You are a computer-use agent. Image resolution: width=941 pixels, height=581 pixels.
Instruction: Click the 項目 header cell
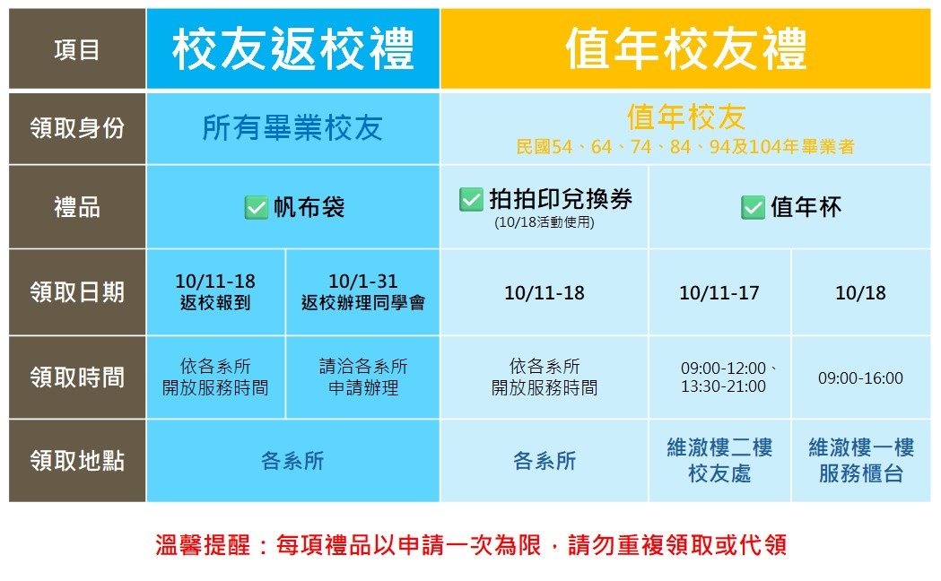point(77,48)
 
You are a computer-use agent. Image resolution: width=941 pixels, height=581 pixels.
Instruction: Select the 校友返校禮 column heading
point(292,48)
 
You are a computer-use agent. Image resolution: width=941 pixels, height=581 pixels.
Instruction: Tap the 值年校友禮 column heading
point(685,48)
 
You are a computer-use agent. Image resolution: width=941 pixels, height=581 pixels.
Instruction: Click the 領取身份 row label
point(77,128)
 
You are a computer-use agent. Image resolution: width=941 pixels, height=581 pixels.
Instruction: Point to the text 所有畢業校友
point(292,127)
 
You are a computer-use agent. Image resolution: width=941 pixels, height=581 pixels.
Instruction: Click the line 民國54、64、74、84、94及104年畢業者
point(685,147)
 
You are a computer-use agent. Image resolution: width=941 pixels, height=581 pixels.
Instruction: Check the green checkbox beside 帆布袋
point(257,208)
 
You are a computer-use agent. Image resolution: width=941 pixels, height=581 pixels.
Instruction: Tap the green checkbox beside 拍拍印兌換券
point(471,200)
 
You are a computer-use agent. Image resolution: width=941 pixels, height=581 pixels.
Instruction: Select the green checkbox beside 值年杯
point(753,207)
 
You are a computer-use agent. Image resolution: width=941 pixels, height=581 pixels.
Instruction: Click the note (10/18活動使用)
point(545,222)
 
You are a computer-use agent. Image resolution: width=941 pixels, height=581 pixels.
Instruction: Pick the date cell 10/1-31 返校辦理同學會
point(363,292)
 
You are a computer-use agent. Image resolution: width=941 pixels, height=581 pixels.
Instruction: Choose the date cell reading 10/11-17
point(719,292)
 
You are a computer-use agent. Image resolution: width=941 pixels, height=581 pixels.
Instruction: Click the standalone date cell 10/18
point(860,292)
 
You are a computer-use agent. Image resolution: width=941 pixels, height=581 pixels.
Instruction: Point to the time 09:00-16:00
point(860,378)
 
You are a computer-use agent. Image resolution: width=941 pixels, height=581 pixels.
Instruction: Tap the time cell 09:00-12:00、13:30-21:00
point(726,377)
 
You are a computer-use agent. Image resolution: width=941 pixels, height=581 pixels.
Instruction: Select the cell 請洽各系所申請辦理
point(363,377)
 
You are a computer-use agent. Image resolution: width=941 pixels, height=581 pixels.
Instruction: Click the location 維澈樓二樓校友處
point(719,461)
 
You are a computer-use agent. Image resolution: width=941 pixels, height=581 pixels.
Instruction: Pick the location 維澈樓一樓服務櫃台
point(861,461)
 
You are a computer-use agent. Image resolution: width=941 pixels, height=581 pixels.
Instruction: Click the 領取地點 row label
point(77,461)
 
